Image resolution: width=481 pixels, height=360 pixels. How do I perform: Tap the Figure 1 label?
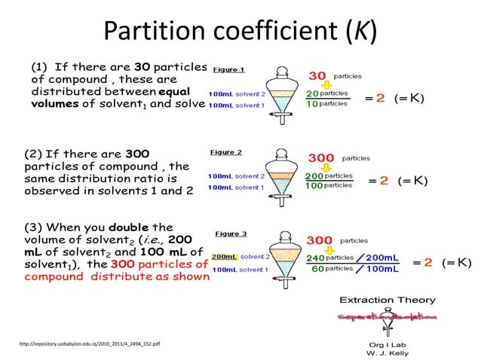click(x=228, y=70)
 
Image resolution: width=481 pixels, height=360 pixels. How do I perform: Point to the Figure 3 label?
click(x=231, y=233)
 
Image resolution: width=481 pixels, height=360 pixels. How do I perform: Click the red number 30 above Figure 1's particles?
click(x=317, y=75)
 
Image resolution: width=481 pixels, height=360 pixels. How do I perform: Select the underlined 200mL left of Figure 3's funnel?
click(x=225, y=257)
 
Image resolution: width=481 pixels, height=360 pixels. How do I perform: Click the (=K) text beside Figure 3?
click(x=457, y=263)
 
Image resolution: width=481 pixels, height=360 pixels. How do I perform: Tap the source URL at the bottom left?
click(x=89, y=344)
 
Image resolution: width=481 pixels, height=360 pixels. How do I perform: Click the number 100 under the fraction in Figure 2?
click(x=314, y=185)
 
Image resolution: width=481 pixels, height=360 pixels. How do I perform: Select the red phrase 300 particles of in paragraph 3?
click(x=158, y=264)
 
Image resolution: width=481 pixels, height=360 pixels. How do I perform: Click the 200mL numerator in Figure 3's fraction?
click(x=382, y=258)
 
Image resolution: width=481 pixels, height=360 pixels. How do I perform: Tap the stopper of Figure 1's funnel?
click(x=281, y=66)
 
